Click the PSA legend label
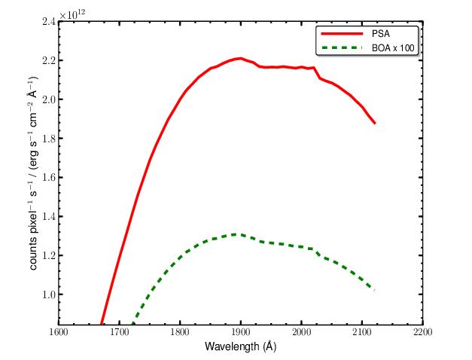(381, 33)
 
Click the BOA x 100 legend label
(393, 48)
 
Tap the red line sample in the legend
(342, 34)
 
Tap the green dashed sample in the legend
(342, 47)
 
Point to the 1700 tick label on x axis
(120, 332)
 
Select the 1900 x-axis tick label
(240, 332)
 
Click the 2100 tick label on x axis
(362, 332)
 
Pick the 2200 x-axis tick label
(422, 332)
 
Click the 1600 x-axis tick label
(59, 332)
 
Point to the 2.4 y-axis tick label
(48, 22)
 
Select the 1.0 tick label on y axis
(48, 294)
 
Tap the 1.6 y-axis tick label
(48, 178)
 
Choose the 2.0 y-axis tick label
(48, 99)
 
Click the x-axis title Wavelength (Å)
(240, 346)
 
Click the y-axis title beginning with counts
(34, 172)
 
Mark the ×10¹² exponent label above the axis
(72, 15)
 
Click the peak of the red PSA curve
(240, 58)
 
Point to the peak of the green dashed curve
(239, 233)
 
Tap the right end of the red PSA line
(375, 123)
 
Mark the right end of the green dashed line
(374, 291)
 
